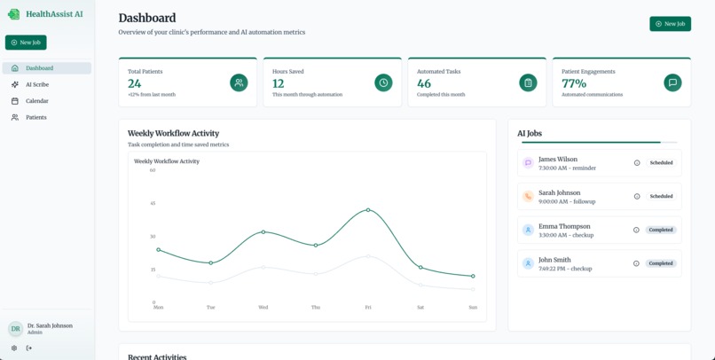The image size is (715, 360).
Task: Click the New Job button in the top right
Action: pyautogui.click(x=670, y=24)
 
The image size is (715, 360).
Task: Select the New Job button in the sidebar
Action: pyautogui.click(x=26, y=43)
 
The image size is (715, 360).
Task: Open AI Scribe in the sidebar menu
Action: pyautogui.click(x=37, y=84)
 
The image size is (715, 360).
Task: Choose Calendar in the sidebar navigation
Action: pyautogui.click(x=37, y=101)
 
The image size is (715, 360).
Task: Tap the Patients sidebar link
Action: pyautogui.click(x=36, y=117)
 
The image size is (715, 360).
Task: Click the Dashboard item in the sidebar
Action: pyautogui.click(x=39, y=68)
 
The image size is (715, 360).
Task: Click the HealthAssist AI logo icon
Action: pyautogui.click(x=13, y=14)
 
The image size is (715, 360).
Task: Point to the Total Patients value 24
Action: pyautogui.click(x=135, y=83)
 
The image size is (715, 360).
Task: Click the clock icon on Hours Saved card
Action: pyautogui.click(x=383, y=82)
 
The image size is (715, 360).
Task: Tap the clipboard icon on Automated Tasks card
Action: pyautogui.click(x=528, y=82)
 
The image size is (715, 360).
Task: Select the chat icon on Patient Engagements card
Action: pyautogui.click(x=672, y=82)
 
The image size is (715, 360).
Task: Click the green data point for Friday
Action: pyautogui.click(x=368, y=210)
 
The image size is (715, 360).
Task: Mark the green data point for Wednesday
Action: pyautogui.click(x=263, y=232)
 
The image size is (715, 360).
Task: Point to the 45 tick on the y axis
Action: pyautogui.click(x=153, y=203)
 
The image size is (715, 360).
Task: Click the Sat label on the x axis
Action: pyautogui.click(x=420, y=308)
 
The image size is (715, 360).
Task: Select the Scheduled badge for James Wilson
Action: pyautogui.click(x=661, y=163)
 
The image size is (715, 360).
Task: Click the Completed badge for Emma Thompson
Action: pyautogui.click(x=661, y=230)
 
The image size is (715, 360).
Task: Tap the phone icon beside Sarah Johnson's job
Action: pyautogui.click(x=528, y=196)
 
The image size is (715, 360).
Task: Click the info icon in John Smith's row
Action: pyautogui.click(x=636, y=263)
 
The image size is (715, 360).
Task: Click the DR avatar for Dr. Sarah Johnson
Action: pyautogui.click(x=15, y=329)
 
